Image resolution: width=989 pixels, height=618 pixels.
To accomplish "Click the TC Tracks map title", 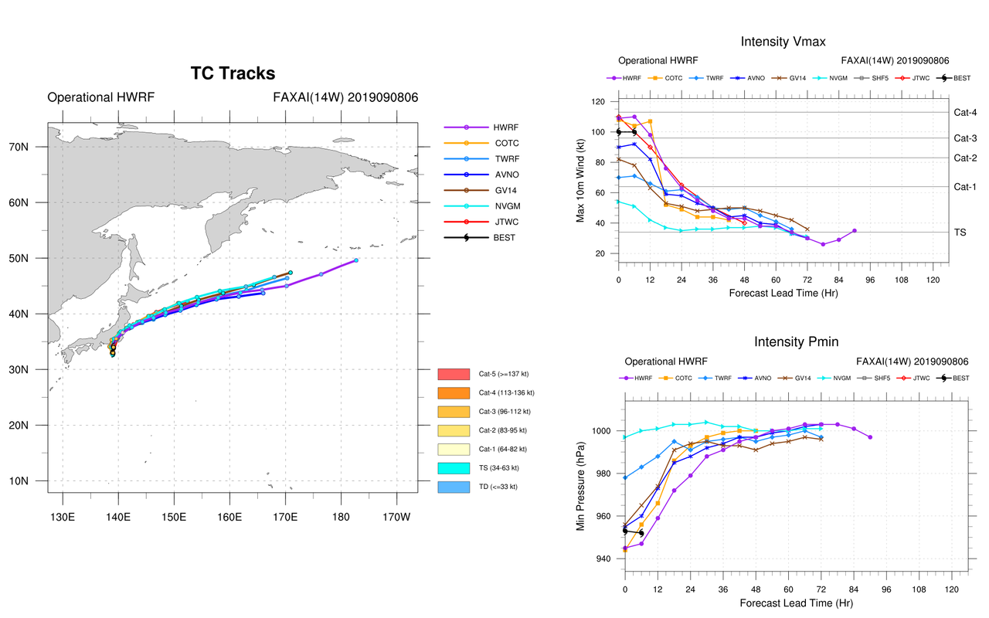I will point(233,73).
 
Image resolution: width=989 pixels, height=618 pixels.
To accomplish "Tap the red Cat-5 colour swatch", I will point(454,374).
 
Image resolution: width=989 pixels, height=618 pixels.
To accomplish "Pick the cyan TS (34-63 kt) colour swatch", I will point(454,468).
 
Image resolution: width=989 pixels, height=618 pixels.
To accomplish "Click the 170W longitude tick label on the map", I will point(396,516).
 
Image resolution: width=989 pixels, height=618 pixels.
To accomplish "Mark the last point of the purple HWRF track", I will point(355,260).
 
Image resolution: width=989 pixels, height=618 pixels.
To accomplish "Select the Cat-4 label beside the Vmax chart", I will point(966,113).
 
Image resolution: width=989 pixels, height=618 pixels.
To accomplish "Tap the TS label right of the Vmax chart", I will point(960,232).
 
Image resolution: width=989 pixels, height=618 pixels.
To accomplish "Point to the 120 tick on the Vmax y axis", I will point(598,102).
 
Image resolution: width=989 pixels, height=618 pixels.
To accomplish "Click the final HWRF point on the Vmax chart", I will point(854,230).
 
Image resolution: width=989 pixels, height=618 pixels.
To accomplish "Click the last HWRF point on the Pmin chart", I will point(870,437).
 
